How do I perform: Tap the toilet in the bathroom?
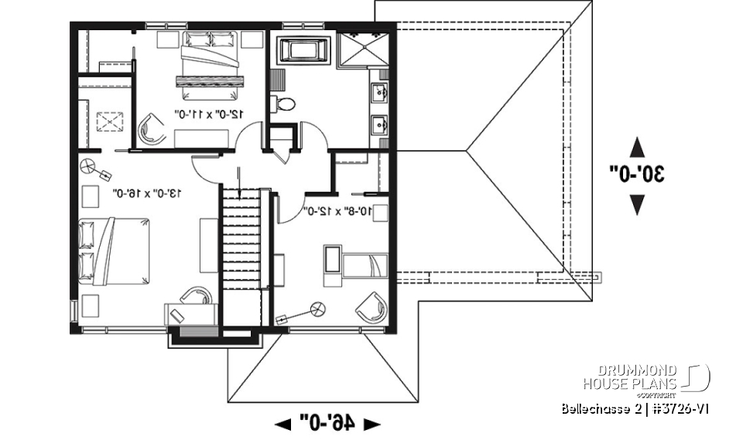(x=284, y=103)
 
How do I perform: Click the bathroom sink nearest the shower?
(x=380, y=93)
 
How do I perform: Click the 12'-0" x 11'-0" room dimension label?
(x=210, y=114)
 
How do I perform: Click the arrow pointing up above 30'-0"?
(x=637, y=146)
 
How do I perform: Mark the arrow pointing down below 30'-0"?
(x=637, y=204)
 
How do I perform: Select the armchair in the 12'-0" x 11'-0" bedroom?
(x=152, y=129)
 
